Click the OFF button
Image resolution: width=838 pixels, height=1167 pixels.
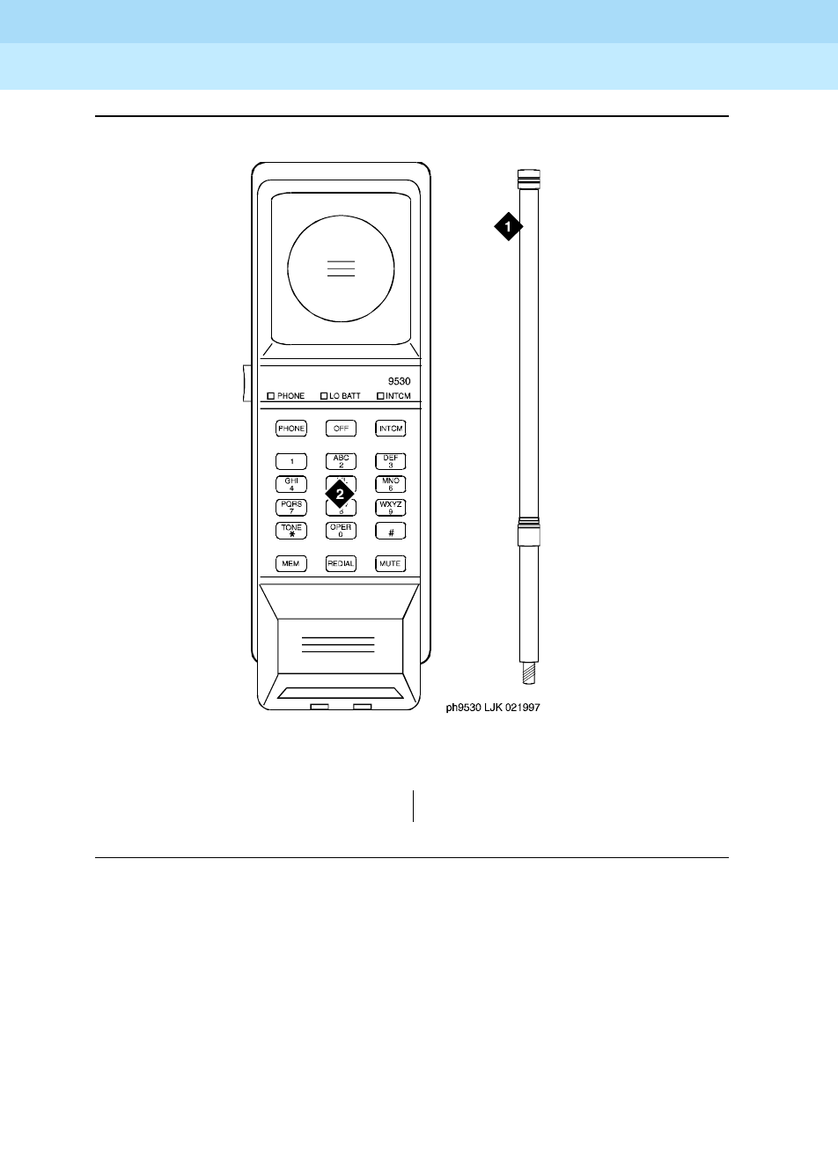pyautogui.click(x=341, y=429)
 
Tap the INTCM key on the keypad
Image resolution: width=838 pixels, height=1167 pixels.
pyautogui.click(x=391, y=429)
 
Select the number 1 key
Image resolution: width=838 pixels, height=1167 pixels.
pyautogui.click(x=291, y=461)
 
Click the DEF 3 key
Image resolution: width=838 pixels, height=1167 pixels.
pyautogui.click(x=391, y=461)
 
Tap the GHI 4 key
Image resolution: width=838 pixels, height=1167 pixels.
pyautogui.click(x=291, y=484)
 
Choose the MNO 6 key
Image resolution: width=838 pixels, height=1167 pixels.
pyautogui.click(x=391, y=484)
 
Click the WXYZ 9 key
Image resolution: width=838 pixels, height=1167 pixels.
pyautogui.click(x=391, y=507)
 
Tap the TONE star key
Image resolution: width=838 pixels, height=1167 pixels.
pyautogui.click(x=291, y=531)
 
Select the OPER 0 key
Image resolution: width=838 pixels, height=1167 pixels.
pyautogui.click(x=341, y=531)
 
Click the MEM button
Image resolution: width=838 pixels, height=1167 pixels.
pyautogui.click(x=291, y=563)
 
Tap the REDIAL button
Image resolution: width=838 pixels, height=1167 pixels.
pyautogui.click(x=341, y=563)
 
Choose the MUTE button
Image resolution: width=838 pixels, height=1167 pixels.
pyautogui.click(x=391, y=563)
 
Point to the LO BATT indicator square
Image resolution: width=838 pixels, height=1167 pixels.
pyautogui.click(x=324, y=396)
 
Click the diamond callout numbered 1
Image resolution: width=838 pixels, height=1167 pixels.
pyautogui.click(x=507, y=226)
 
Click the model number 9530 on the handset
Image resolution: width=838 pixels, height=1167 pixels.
pyautogui.click(x=400, y=381)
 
